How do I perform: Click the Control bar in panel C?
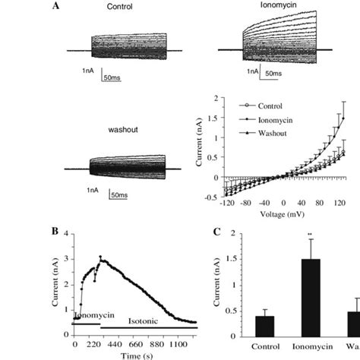tap(264, 326)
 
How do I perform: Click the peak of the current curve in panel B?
tap(99, 257)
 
